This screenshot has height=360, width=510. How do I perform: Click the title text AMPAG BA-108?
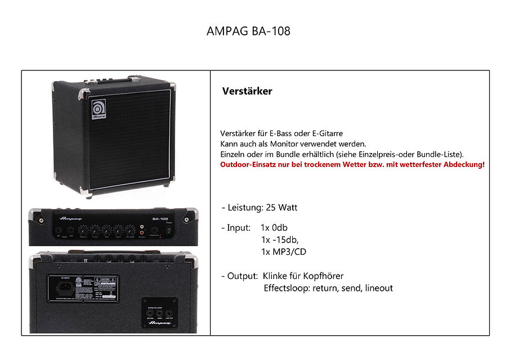pos(249,31)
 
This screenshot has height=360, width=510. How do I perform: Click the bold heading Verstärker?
pos(247,91)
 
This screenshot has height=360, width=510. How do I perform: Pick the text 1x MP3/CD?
pos(284,252)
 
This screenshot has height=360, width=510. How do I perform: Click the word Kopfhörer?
pos(323,276)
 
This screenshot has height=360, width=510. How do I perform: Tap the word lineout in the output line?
pos(379,288)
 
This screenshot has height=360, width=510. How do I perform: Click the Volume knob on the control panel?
pos(83,229)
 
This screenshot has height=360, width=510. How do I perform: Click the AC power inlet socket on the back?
pos(66,285)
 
